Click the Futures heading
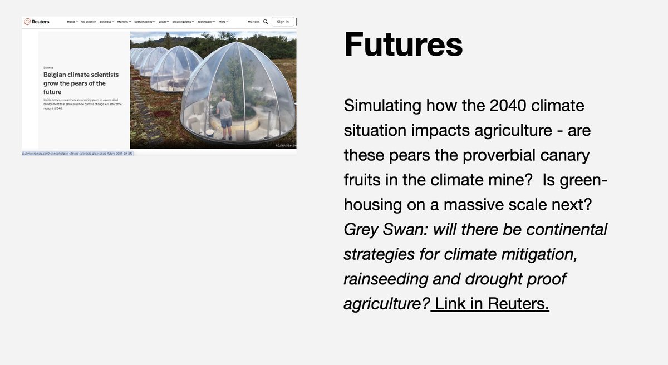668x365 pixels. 403,45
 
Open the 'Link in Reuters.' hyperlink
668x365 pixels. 492,303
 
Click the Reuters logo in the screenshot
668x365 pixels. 37,22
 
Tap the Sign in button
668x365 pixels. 283,22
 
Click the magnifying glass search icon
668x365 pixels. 266,22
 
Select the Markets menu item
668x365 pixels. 123,22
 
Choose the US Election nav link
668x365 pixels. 89,22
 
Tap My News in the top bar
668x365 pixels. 254,22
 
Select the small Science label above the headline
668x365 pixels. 48,67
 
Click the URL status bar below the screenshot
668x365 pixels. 78,153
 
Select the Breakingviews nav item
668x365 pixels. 182,22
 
